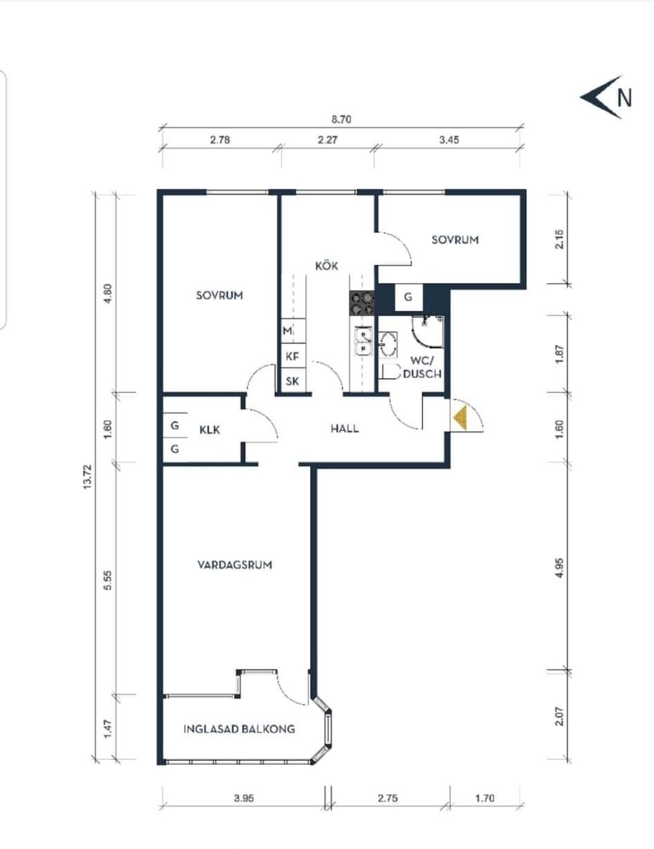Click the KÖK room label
[x=326, y=265]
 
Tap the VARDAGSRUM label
[x=235, y=565]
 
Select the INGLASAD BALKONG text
[x=239, y=729]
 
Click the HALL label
[x=345, y=428]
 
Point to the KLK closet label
[x=210, y=430]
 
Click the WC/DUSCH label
[x=422, y=368]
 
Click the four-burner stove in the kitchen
[x=362, y=304]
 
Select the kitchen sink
[x=363, y=341]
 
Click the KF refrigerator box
[x=293, y=356]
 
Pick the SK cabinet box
[x=293, y=381]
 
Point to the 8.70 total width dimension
[x=342, y=119]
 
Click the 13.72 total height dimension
[x=87, y=476]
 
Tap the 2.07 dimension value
[x=560, y=716]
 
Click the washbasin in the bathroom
[x=388, y=344]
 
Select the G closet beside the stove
[x=409, y=298]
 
